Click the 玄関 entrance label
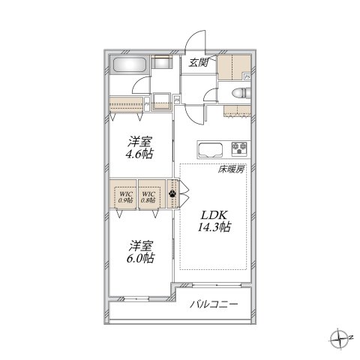point(198,62)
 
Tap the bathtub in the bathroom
point(130,66)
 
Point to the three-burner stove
point(241,148)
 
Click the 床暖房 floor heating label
point(232,171)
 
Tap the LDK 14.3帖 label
point(214,218)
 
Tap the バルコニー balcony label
point(213,304)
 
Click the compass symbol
point(340,336)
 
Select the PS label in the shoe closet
point(247,75)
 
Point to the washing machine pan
point(159,100)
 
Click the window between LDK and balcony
point(214,285)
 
